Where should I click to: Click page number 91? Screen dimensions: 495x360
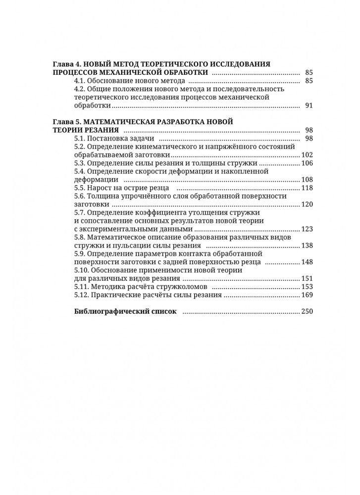[x=309, y=106]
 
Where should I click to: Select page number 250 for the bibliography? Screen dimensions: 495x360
[x=308, y=312]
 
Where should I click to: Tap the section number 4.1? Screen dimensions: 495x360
[x=80, y=81]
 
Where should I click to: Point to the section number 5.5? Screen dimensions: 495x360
[x=80, y=188]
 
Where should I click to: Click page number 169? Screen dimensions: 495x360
[x=308, y=296]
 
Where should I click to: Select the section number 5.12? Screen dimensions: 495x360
[x=82, y=296]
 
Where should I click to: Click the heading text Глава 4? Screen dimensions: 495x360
[x=66, y=64]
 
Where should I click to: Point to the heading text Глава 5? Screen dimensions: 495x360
[x=66, y=121]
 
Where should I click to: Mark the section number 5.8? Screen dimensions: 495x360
[x=80, y=238]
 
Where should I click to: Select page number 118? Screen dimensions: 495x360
[x=308, y=188]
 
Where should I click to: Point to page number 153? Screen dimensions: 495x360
[x=308, y=287]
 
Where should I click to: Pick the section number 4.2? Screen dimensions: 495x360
[x=80, y=89]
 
